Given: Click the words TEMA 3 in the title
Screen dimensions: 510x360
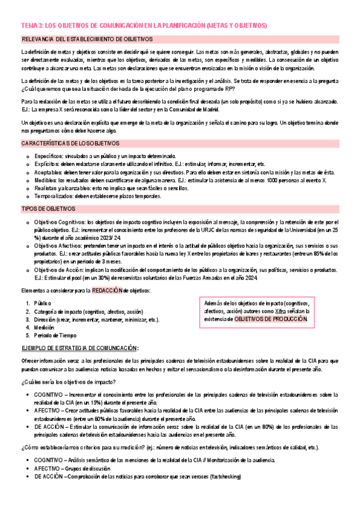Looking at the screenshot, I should pyautogui.click(x=30, y=26).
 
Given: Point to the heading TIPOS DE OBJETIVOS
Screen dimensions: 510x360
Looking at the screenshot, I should pyautogui.click(x=48, y=209).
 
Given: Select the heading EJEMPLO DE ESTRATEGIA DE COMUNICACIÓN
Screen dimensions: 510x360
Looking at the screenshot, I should pyautogui.click(x=78, y=348).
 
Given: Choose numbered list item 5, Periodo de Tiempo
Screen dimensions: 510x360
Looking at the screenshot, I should pyautogui.click(x=55, y=336).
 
